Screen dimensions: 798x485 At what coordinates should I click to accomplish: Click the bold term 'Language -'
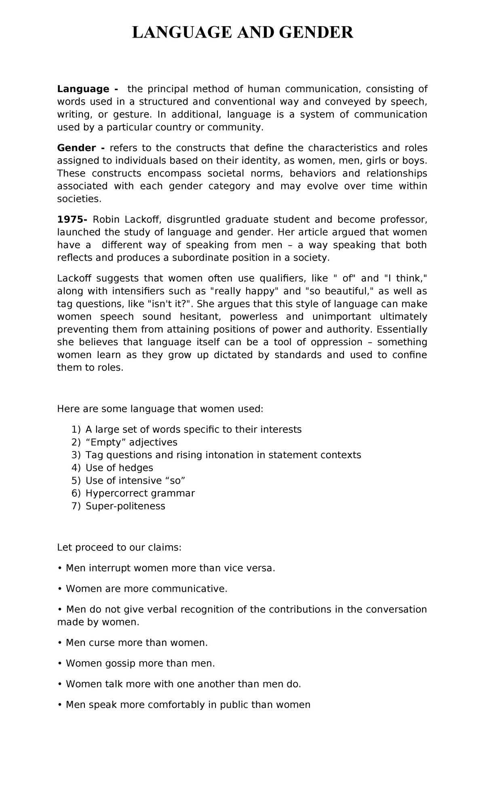88,89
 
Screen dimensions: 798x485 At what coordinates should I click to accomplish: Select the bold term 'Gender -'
81,148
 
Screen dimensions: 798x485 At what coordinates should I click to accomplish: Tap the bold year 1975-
72,220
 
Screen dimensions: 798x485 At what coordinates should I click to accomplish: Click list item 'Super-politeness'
125,506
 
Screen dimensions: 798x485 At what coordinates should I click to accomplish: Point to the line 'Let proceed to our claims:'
119,548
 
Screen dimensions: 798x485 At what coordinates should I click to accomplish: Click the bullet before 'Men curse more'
59,643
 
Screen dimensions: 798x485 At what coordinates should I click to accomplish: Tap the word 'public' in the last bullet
234,705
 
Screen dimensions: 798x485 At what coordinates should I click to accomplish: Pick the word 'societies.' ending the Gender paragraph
78,199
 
